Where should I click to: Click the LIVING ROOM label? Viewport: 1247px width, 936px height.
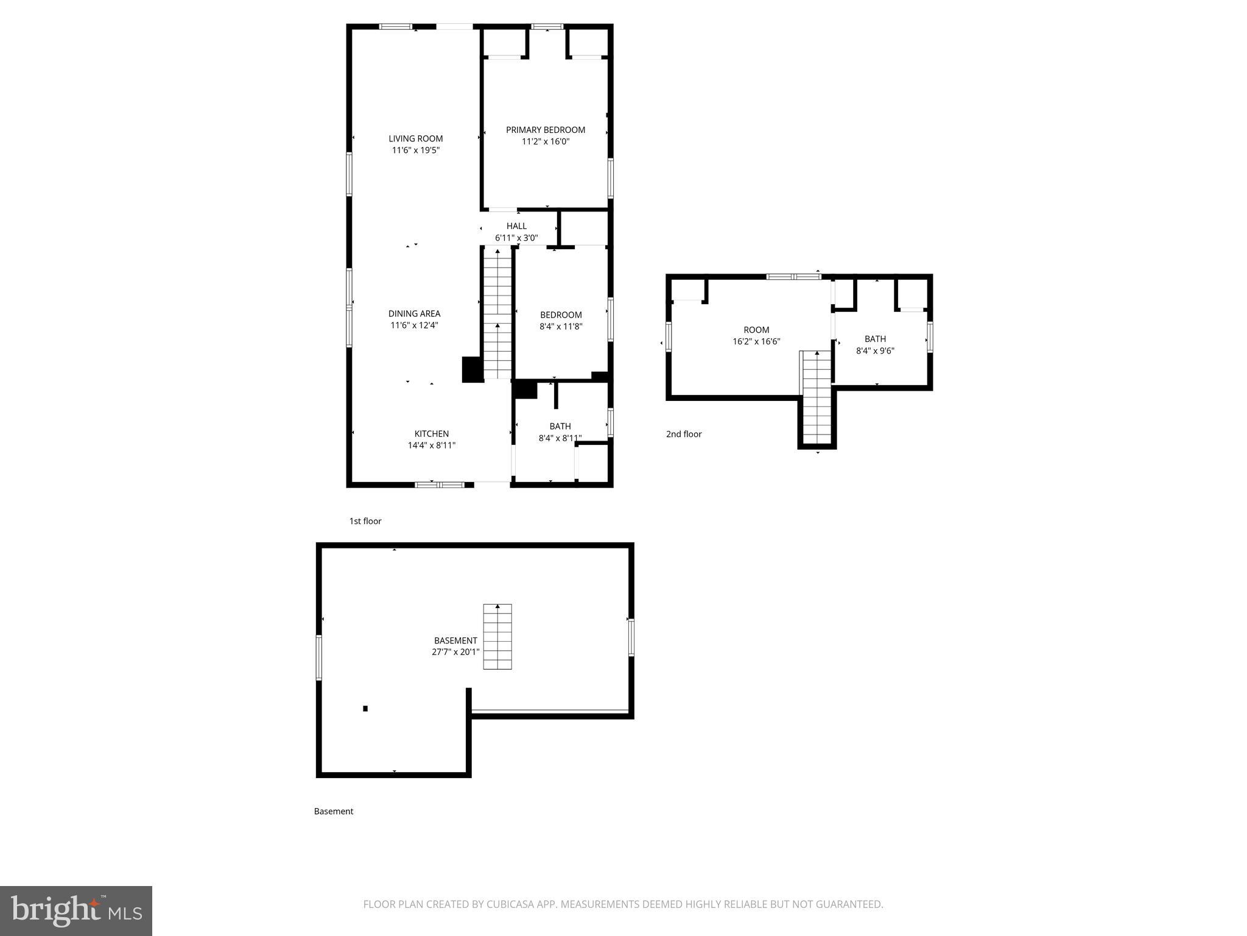pos(416,138)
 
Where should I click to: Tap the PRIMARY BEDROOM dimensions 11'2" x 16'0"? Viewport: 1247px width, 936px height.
pos(545,141)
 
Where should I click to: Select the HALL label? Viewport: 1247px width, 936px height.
pos(516,226)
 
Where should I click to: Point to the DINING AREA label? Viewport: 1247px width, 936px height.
pos(414,314)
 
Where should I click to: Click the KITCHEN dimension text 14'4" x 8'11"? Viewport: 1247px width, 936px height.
pos(432,445)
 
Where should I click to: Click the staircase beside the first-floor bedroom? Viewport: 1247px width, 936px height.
pos(497,314)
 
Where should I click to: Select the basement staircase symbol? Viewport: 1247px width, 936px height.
pos(497,637)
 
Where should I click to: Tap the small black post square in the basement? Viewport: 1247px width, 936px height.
pos(365,708)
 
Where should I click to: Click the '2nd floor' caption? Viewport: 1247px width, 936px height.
pos(684,434)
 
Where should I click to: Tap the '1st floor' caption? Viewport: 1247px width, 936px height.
pos(365,521)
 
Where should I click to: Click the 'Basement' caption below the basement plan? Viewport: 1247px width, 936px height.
pos(334,811)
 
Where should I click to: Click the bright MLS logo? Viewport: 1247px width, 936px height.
pos(76,910)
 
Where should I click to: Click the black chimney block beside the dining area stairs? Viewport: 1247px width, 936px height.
pos(472,369)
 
